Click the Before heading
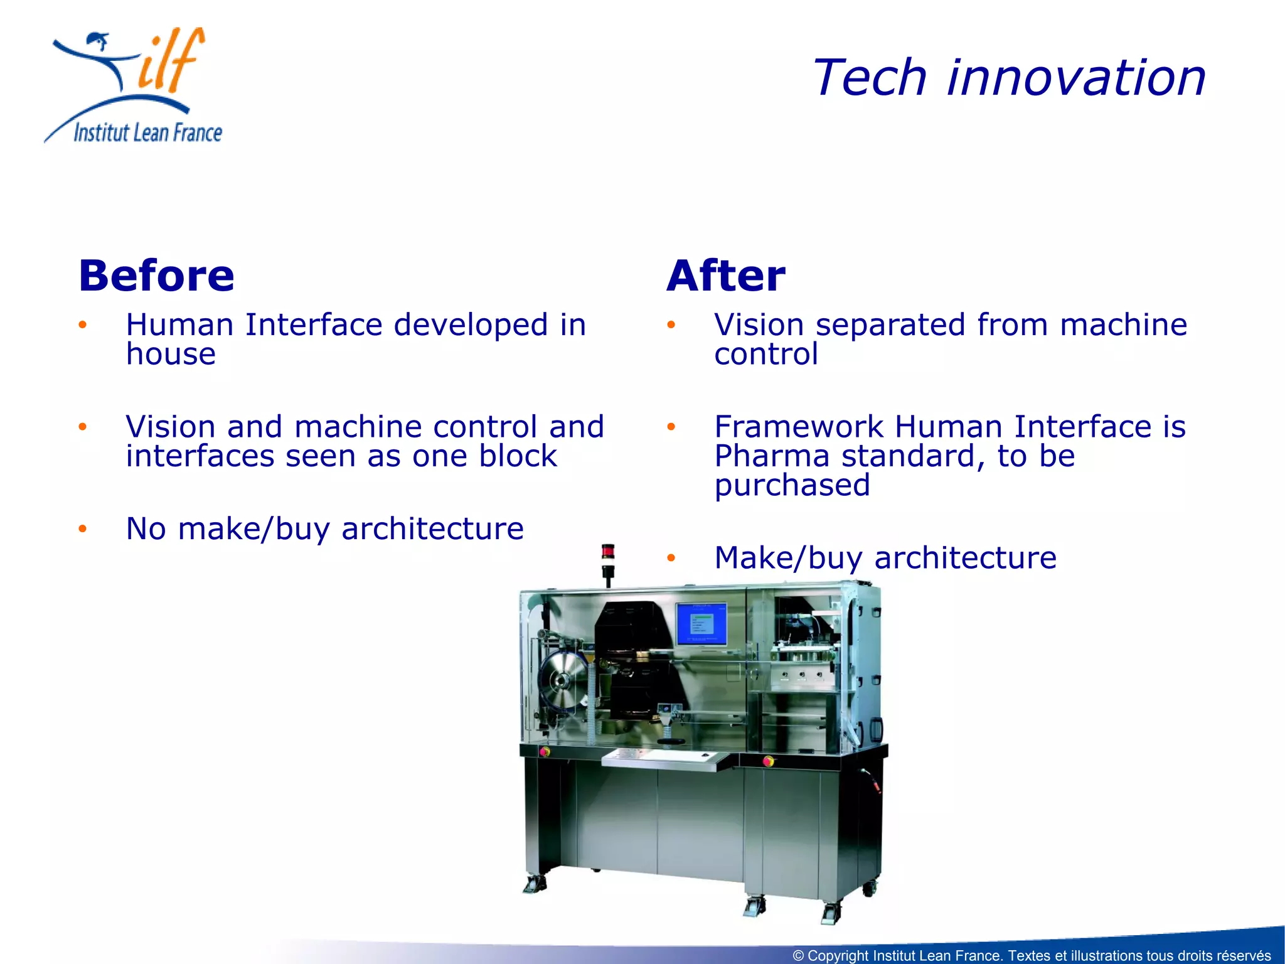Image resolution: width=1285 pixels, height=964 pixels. (x=156, y=276)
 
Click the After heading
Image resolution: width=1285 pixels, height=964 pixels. (x=725, y=276)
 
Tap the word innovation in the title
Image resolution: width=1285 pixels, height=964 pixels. (x=1075, y=78)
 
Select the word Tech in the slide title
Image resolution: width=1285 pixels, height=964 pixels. (x=870, y=78)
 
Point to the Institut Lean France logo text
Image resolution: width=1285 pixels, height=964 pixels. (x=147, y=133)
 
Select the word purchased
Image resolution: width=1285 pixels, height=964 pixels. (x=792, y=485)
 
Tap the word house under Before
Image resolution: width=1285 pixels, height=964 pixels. (x=171, y=354)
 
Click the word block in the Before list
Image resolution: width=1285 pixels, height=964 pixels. (x=518, y=456)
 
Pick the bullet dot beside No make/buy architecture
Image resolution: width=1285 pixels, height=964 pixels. (x=82, y=529)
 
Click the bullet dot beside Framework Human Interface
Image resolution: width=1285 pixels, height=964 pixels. (x=671, y=427)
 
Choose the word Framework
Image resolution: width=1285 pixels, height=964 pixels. (x=799, y=427)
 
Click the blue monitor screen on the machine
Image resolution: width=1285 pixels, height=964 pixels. (x=701, y=624)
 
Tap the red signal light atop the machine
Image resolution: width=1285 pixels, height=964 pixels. (x=607, y=552)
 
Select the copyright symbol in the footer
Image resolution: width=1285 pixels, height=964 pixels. (x=798, y=955)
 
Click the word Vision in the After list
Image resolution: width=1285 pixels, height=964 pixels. (x=759, y=325)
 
